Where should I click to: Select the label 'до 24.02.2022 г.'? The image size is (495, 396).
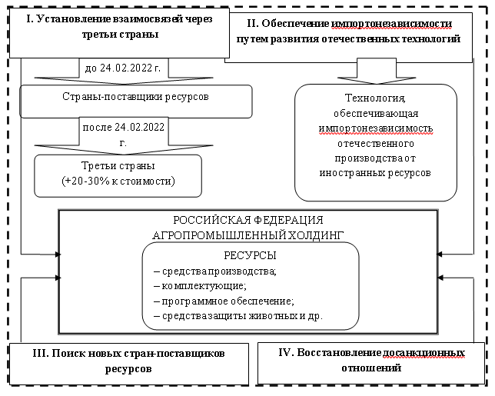click(x=122, y=69)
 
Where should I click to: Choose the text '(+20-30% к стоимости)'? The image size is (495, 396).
click(x=118, y=181)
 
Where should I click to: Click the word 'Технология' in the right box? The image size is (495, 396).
click(x=376, y=98)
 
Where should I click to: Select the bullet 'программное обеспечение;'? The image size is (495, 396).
click(x=224, y=301)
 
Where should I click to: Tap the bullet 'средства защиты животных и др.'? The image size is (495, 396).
click(x=238, y=315)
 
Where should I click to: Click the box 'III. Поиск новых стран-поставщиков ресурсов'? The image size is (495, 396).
click(x=129, y=361)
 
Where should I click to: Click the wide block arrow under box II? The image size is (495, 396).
click(x=376, y=72)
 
